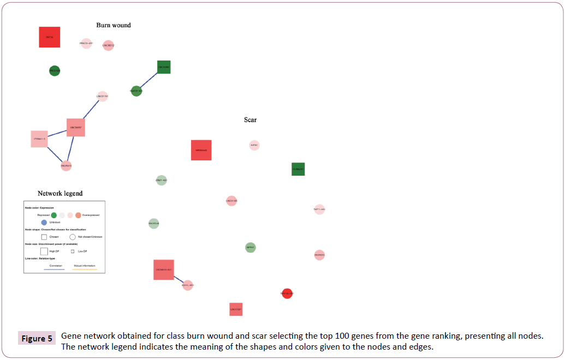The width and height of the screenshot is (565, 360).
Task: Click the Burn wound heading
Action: [114, 25]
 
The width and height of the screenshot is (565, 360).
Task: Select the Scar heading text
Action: [250, 119]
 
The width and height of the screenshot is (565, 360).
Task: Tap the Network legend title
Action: [60, 194]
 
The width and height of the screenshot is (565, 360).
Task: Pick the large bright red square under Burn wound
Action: [50, 37]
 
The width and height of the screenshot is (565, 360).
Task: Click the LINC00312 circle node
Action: [109, 45]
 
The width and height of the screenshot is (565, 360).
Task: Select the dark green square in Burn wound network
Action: [164, 67]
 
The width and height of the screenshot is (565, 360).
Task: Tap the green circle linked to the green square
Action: [136, 91]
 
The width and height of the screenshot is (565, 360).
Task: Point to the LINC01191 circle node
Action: [102, 97]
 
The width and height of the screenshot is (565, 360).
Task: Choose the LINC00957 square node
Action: [75, 128]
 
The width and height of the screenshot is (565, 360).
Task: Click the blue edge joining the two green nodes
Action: [150, 80]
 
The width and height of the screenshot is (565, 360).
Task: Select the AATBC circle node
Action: [254, 145]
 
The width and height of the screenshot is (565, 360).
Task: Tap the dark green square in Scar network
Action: [298, 169]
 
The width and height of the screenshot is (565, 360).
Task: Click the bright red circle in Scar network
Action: [287, 293]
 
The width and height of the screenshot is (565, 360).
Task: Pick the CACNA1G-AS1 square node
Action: [164, 269]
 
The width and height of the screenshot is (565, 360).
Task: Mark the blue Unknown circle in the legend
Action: [44, 222]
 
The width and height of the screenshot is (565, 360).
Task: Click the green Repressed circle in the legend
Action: [53, 215]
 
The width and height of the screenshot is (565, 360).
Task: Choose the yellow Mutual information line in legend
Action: [85, 269]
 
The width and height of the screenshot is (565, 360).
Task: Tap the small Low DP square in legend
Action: [73, 251]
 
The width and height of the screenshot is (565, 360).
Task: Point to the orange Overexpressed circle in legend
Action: [78, 215]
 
